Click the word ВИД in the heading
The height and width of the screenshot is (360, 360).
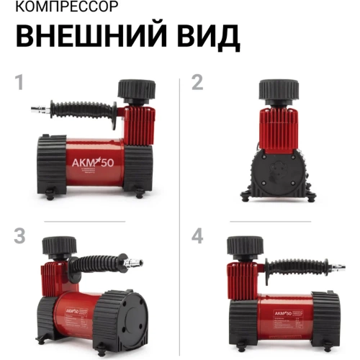[204, 37]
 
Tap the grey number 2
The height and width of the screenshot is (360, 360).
[197, 83]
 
